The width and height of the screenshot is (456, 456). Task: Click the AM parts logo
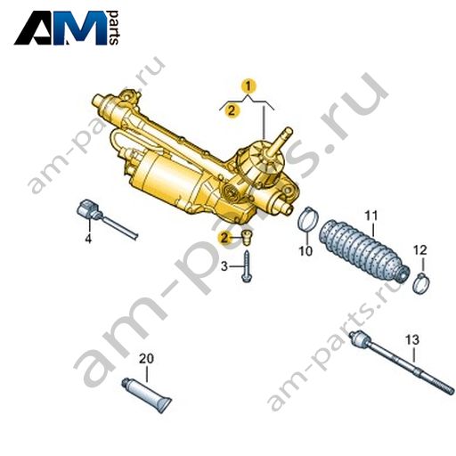click(67, 28)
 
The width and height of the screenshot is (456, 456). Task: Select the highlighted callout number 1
click(248, 86)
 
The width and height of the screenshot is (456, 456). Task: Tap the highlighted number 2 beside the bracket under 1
click(232, 110)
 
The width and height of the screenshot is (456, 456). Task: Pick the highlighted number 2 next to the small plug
click(224, 238)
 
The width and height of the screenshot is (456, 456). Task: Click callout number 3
click(224, 266)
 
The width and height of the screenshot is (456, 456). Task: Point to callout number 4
click(88, 239)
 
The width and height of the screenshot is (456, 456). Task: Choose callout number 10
click(305, 251)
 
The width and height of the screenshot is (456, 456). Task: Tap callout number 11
click(371, 216)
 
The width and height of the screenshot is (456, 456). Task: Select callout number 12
click(420, 250)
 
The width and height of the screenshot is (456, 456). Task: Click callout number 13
click(412, 340)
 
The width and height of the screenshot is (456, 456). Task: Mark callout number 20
click(147, 359)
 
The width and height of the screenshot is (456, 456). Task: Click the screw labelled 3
click(247, 266)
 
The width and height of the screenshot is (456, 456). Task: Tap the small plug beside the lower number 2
click(246, 238)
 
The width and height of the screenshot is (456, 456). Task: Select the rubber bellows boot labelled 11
click(364, 250)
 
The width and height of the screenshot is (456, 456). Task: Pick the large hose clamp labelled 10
click(309, 219)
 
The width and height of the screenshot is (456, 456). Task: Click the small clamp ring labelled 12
click(421, 283)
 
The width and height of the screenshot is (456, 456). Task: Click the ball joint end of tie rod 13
click(359, 338)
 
